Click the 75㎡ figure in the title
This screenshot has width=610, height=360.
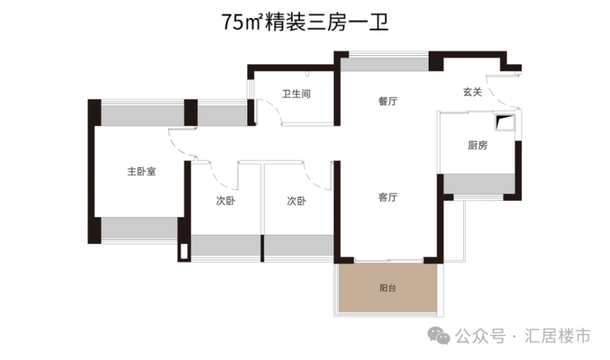pyautogui.click(x=241, y=22)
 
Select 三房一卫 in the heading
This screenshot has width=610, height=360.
pyautogui.click(x=347, y=22)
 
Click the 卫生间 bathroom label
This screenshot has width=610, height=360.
pyautogui.click(x=296, y=95)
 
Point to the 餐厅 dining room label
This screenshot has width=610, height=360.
pyautogui.click(x=388, y=101)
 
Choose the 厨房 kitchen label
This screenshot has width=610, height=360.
pyautogui.click(x=478, y=146)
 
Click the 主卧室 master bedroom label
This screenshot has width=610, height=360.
pyautogui.click(x=142, y=172)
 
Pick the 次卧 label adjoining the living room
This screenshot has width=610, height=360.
pyautogui.click(x=297, y=201)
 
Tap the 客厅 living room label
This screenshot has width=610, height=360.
pyautogui.click(x=388, y=198)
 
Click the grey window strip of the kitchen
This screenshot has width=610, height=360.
pyautogui.click(x=480, y=184)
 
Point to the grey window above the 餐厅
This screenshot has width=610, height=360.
pyautogui.click(x=384, y=63)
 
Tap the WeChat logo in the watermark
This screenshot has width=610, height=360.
pyautogui.click(x=438, y=335)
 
